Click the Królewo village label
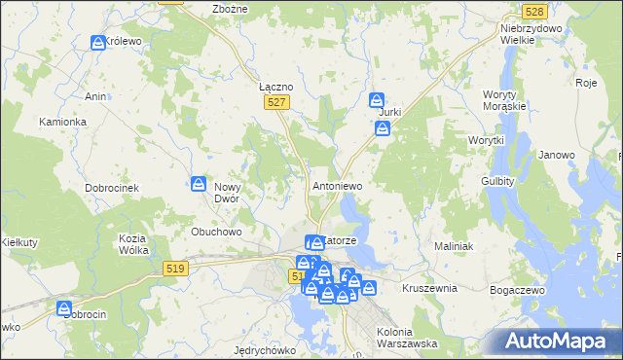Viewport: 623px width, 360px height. point(125,43)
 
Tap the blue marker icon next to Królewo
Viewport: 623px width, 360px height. point(98,43)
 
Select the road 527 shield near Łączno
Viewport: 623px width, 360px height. point(276,102)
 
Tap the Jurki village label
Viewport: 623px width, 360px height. point(389,113)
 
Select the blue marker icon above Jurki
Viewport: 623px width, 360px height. point(377,98)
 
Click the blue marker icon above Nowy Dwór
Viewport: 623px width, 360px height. point(199,183)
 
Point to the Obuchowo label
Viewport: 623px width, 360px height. point(216,232)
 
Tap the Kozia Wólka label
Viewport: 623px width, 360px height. point(133,244)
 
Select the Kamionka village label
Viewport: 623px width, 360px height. point(63,123)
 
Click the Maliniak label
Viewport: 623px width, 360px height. point(454,247)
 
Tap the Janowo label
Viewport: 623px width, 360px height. point(557,155)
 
